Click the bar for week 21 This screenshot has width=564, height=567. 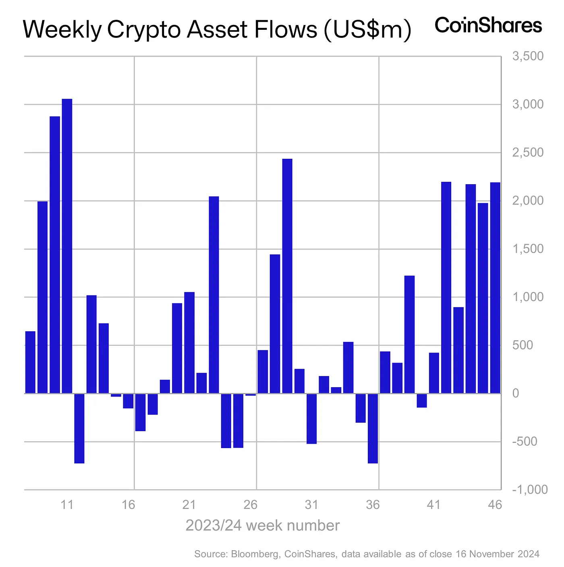(189, 343)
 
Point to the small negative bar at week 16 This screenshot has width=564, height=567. (128, 401)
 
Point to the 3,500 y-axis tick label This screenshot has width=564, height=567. (527, 56)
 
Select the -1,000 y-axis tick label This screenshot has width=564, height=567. (529, 490)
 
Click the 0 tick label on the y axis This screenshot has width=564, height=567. (516, 393)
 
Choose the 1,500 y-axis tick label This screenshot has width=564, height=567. (527, 249)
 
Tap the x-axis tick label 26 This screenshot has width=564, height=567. (250, 505)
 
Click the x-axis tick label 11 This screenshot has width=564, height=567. (67, 505)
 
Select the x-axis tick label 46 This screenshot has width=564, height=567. (495, 505)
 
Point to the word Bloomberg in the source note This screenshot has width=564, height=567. (255, 554)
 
